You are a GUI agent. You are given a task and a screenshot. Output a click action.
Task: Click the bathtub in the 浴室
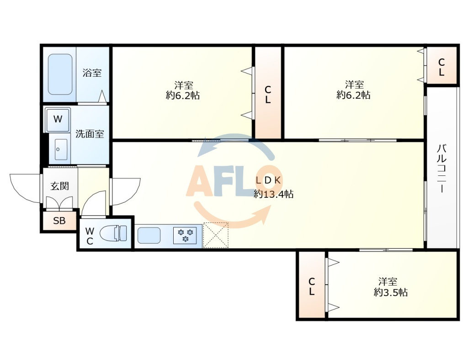point(60,74)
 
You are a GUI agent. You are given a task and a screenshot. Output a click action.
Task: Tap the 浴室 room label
point(92,73)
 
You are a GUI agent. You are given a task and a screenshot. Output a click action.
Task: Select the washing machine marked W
point(58,120)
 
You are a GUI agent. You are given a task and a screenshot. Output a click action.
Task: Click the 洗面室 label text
point(90,134)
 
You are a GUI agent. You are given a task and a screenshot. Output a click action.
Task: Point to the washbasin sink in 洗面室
point(61,149)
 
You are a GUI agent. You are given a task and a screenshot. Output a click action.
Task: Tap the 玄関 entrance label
point(60,186)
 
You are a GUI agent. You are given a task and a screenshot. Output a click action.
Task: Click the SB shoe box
point(59,221)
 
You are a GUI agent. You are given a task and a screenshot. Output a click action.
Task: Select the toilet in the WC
point(113,233)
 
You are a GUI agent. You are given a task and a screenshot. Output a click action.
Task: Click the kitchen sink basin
point(149,235)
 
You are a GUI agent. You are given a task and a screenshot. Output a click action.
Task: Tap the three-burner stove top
point(185,235)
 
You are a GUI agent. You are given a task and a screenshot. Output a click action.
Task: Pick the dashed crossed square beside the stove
point(216,235)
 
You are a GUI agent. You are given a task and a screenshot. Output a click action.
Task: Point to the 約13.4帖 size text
point(274,194)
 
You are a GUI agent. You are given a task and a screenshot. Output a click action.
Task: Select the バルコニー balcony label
point(442,169)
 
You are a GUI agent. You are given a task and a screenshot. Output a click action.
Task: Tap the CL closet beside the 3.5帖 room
point(312,285)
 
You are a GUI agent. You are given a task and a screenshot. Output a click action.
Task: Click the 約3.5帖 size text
point(391,292)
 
